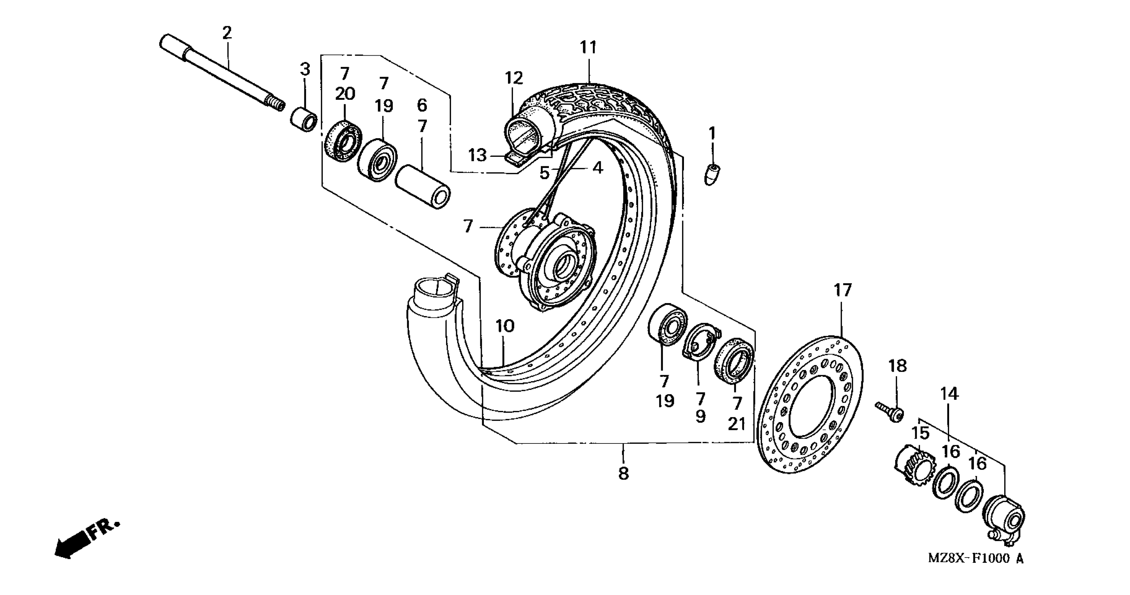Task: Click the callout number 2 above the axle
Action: pos(226,33)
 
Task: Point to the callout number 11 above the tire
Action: pos(588,47)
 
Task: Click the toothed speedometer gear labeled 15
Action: pos(912,467)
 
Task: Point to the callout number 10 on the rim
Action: pos(505,326)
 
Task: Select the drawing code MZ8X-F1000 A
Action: pos(975,571)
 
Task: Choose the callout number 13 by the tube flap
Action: pos(477,155)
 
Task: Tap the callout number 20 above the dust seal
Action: pos(345,93)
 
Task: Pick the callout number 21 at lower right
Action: pos(737,424)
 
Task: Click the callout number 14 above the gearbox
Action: pos(949,394)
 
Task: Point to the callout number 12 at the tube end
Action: pos(514,78)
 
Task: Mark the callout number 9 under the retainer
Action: pos(700,416)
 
